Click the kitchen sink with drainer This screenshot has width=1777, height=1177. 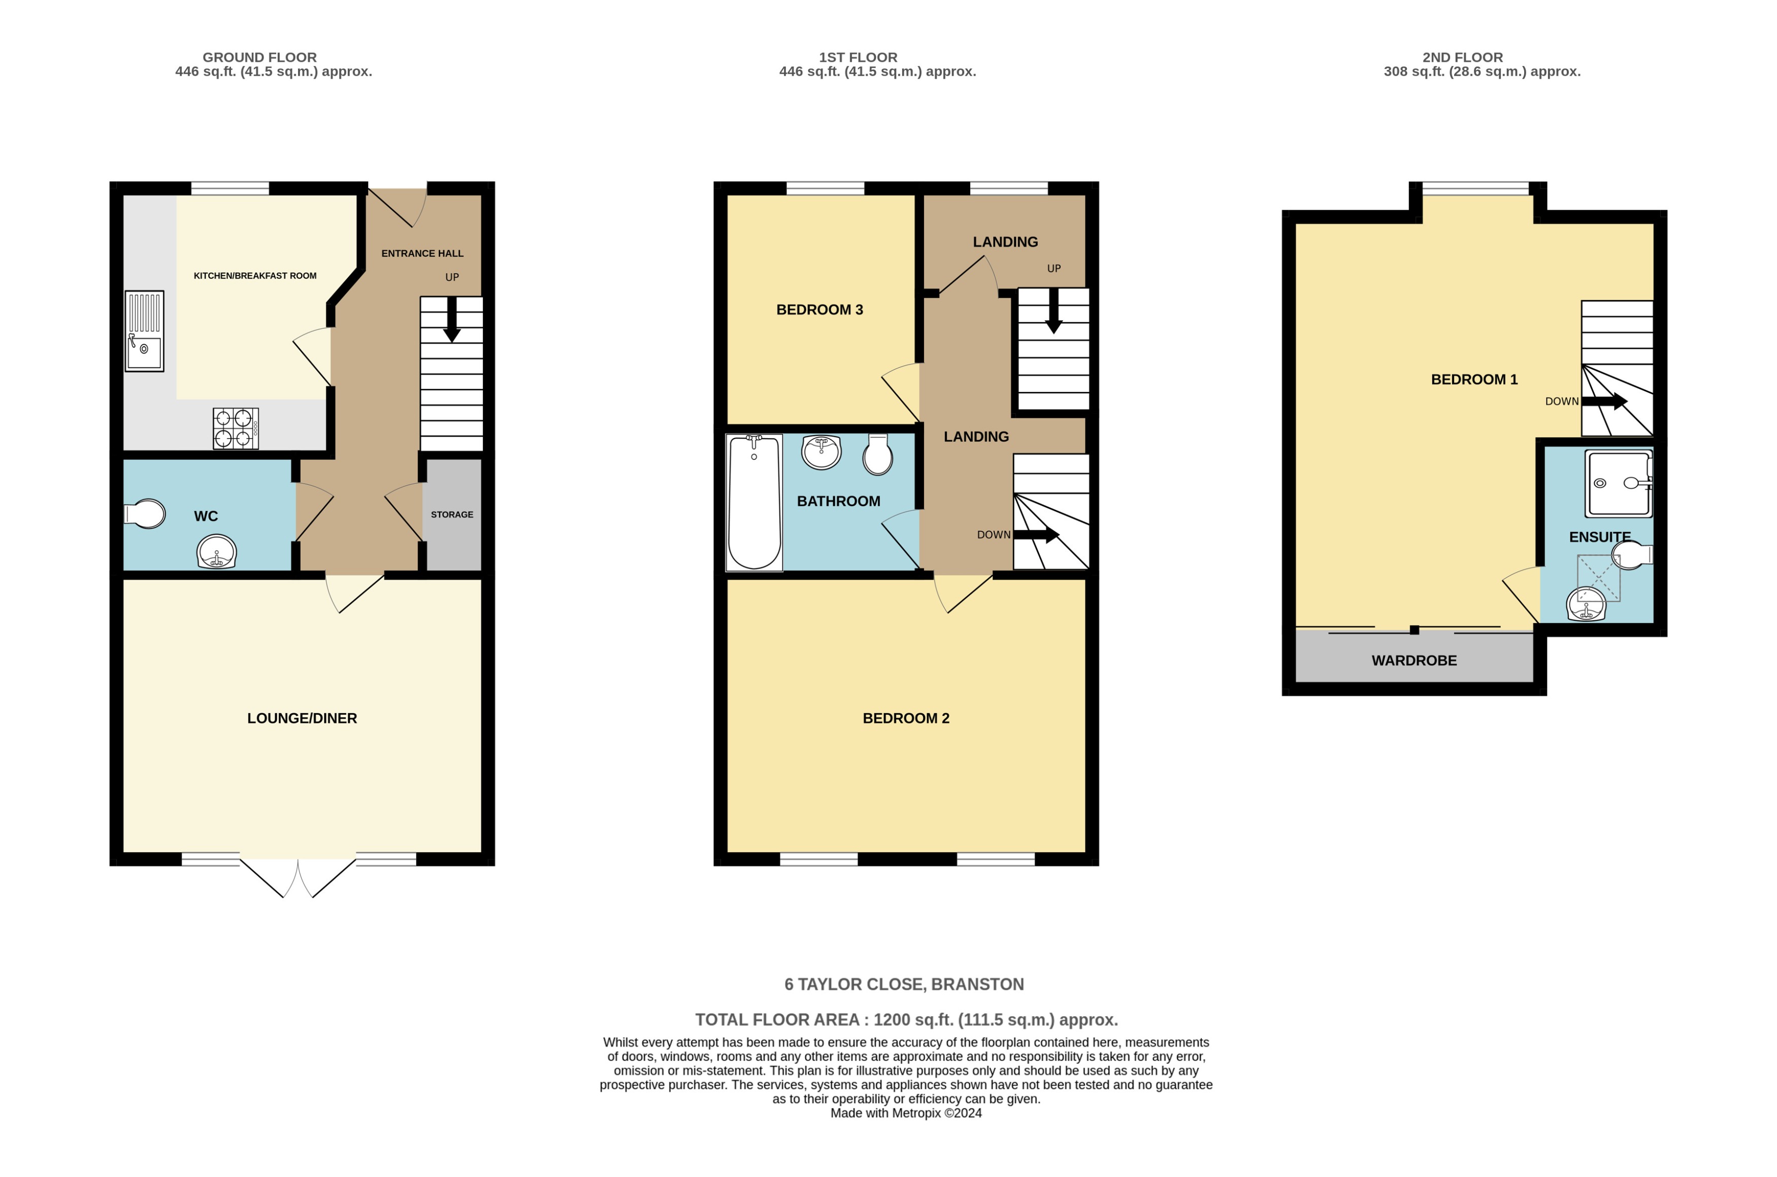(144, 331)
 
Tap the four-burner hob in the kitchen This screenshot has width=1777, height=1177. (235, 428)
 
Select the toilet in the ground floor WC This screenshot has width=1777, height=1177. (145, 515)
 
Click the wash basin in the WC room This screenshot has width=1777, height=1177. (216, 553)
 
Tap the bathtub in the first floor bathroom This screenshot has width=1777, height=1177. (754, 502)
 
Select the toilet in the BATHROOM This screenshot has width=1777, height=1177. (877, 454)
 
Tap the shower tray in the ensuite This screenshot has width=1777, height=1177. (1618, 484)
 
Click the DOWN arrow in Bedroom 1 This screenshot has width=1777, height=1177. (1603, 401)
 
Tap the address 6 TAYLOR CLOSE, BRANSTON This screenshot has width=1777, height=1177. (904, 985)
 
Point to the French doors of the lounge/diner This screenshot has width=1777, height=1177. (298, 878)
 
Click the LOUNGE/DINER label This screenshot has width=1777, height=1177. (302, 718)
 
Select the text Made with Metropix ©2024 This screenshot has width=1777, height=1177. (905, 1113)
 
